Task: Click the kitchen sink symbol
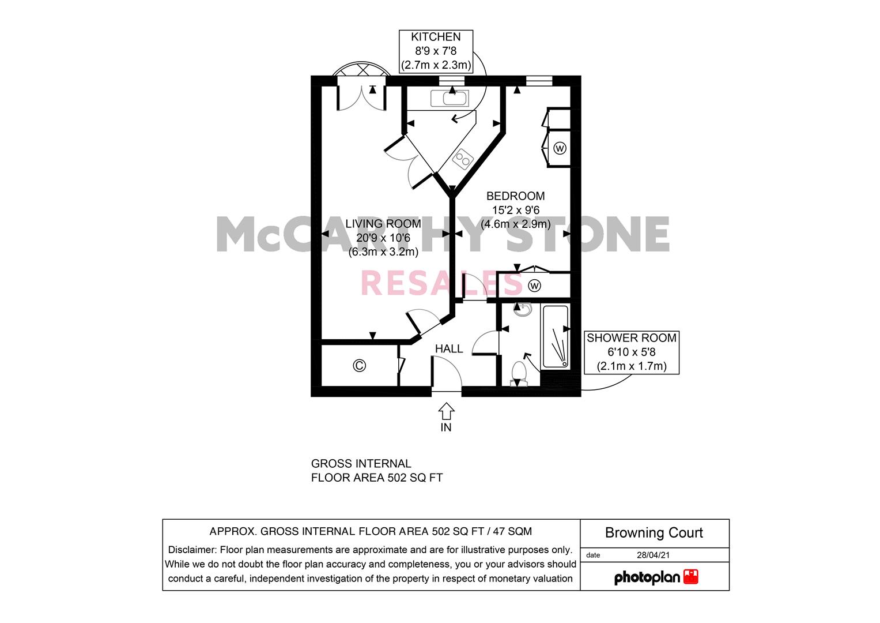click(x=450, y=98)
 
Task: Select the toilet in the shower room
click(x=519, y=374)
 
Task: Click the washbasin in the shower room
click(x=523, y=310)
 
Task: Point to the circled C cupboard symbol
click(x=359, y=366)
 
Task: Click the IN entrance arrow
click(x=446, y=411)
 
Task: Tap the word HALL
click(x=448, y=349)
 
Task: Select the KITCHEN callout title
click(x=436, y=37)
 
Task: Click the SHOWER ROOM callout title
click(x=631, y=338)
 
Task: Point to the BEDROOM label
click(x=515, y=196)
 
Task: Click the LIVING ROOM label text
click(x=383, y=224)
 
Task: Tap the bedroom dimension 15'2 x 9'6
click(x=515, y=210)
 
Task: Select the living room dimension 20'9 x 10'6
click(x=383, y=238)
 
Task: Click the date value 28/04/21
click(x=653, y=555)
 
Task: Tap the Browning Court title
click(x=654, y=532)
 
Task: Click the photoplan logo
click(x=656, y=577)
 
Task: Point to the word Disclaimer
click(x=192, y=549)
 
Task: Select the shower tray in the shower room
click(x=555, y=337)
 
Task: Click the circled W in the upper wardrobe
click(x=560, y=148)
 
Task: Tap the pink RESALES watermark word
click(x=441, y=283)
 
